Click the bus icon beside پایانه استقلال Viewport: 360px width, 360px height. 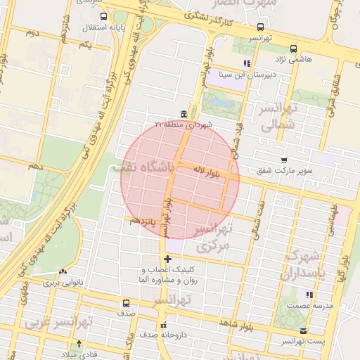point(104,16)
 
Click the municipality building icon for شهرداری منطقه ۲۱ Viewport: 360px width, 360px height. point(184,115)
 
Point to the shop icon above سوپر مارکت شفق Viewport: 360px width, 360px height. point(283,160)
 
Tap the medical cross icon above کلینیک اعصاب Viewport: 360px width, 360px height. point(167,259)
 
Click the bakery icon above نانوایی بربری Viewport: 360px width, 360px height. point(63,272)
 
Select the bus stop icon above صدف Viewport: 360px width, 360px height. point(126,304)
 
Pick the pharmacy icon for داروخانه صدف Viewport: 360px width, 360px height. point(164,325)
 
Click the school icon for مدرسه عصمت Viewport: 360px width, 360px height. point(308,294)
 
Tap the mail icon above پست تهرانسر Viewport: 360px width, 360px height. point(303,330)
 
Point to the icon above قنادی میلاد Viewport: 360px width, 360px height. point(79,344)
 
